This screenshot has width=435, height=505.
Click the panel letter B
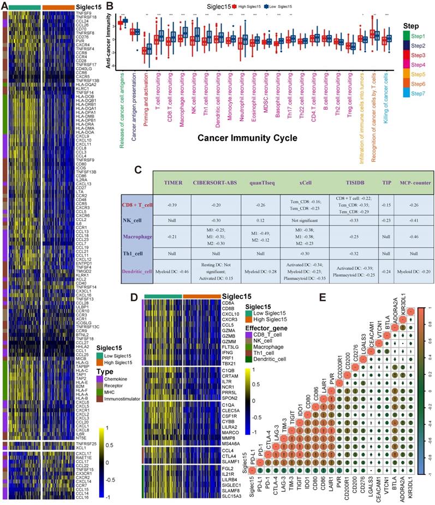coord(110,6)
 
